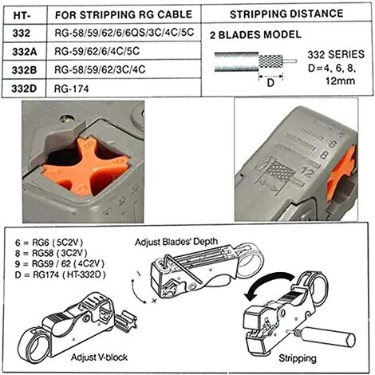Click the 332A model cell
click(x=24, y=52)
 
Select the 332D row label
click(x=24, y=89)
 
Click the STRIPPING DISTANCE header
click(x=286, y=14)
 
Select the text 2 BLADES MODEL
click(x=255, y=35)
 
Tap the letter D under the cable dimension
click(x=270, y=83)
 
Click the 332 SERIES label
click(x=336, y=54)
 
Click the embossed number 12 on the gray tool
click(x=307, y=172)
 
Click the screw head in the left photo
click(x=67, y=119)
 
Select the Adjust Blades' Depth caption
click(x=176, y=242)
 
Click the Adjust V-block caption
click(x=99, y=357)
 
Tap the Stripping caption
click(x=298, y=358)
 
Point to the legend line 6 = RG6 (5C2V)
click(x=49, y=243)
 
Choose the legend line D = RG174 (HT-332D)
click(x=61, y=274)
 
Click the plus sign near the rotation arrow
click(x=154, y=301)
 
